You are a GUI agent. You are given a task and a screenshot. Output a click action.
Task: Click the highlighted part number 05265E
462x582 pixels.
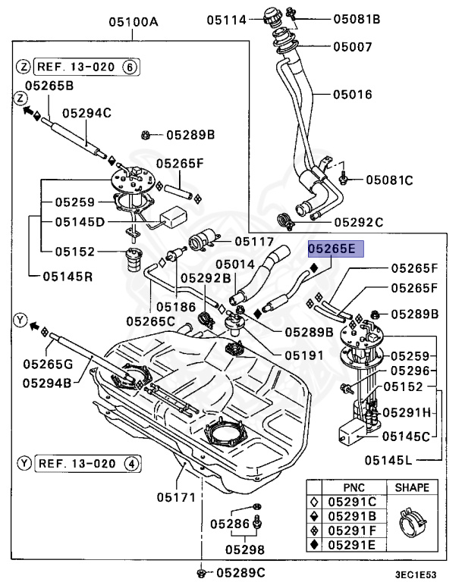pyautogui.click(x=336, y=249)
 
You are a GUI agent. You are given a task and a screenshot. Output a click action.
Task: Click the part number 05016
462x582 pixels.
pyautogui.click(x=352, y=95)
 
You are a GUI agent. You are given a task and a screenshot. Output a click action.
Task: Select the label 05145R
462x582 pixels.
pyautogui.click(x=62, y=276)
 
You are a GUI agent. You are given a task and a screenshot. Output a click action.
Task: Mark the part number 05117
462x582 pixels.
pyautogui.click(x=253, y=242)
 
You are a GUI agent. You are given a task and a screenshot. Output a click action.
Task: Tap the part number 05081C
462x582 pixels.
pyautogui.click(x=389, y=180)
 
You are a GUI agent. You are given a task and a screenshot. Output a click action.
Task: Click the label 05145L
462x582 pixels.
pyautogui.click(x=390, y=459)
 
